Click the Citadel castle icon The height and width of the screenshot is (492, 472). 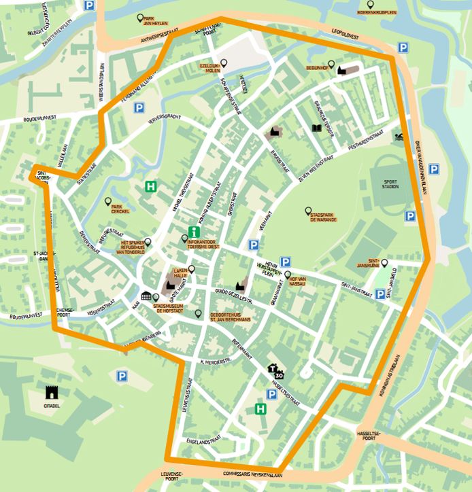click(x=52, y=392)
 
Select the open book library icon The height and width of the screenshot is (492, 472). click(x=316, y=128)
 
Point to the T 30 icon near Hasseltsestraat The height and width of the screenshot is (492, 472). click(x=277, y=371)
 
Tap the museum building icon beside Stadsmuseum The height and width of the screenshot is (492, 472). click(x=146, y=296)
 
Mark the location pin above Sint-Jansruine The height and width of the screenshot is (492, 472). click(x=384, y=263)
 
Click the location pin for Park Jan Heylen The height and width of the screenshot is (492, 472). click(x=140, y=18)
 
